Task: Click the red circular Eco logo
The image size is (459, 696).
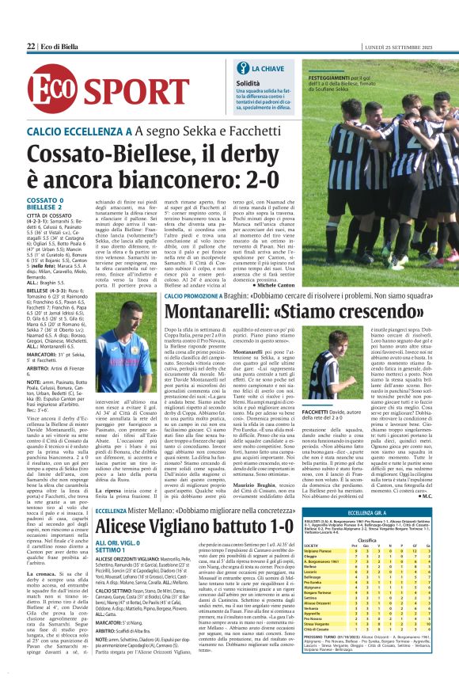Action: [51, 93]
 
